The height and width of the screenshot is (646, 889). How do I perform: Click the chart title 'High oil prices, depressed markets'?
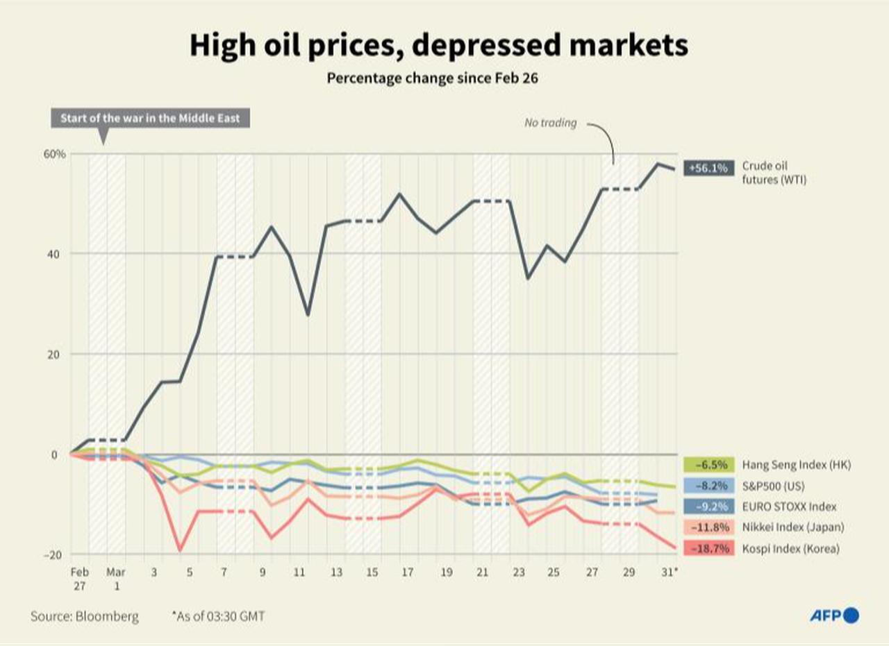point(438,46)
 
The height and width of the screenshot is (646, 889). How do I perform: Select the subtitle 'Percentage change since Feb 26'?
point(433,78)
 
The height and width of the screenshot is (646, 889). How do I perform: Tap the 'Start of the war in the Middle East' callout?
point(150,118)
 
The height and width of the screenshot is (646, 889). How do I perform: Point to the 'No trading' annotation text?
point(550,123)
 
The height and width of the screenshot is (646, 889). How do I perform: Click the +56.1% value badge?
point(708,168)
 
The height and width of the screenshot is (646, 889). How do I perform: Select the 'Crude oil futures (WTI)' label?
point(774,173)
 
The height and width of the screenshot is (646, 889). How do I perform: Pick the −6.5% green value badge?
point(708,465)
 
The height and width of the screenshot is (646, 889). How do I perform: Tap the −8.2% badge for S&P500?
point(708,486)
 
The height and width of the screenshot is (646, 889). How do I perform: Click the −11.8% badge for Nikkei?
point(708,527)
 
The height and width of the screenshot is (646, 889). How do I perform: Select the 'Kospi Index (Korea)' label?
point(790,548)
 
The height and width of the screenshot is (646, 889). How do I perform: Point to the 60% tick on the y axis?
point(56,154)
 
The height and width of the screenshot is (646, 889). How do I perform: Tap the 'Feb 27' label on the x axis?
point(79,579)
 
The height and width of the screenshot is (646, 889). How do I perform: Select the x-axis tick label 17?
point(407,573)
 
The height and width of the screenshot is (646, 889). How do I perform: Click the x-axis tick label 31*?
point(670,573)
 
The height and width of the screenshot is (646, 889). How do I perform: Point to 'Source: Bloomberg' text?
point(85,615)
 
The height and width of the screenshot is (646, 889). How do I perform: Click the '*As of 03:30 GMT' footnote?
point(218,615)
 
